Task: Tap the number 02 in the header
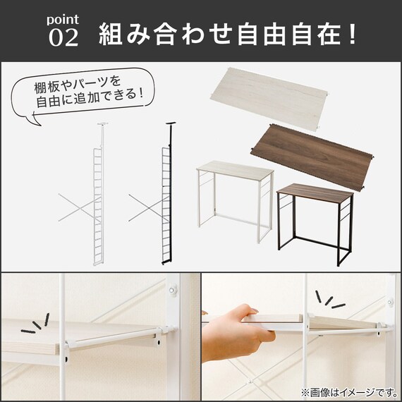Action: click(x=63, y=37)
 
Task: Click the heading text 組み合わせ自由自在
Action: click(x=219, y=32)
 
